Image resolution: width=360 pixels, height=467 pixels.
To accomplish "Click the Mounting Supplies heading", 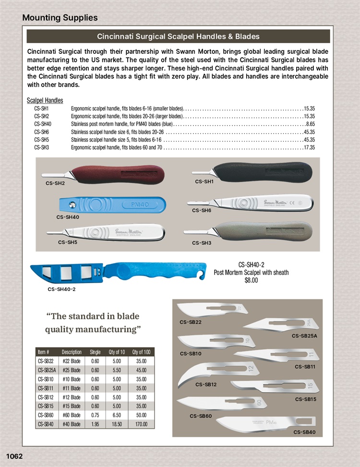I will (60, 18).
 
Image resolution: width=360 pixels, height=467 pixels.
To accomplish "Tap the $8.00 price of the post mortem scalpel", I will (251, 280).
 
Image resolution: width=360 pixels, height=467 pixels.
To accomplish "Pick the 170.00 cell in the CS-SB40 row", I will (141, 424).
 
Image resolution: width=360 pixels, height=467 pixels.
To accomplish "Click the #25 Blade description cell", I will (72, 370).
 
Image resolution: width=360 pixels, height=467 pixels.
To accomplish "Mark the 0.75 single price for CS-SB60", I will (95, 415).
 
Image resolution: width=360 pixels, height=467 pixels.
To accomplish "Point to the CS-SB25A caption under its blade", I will (304, 335).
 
